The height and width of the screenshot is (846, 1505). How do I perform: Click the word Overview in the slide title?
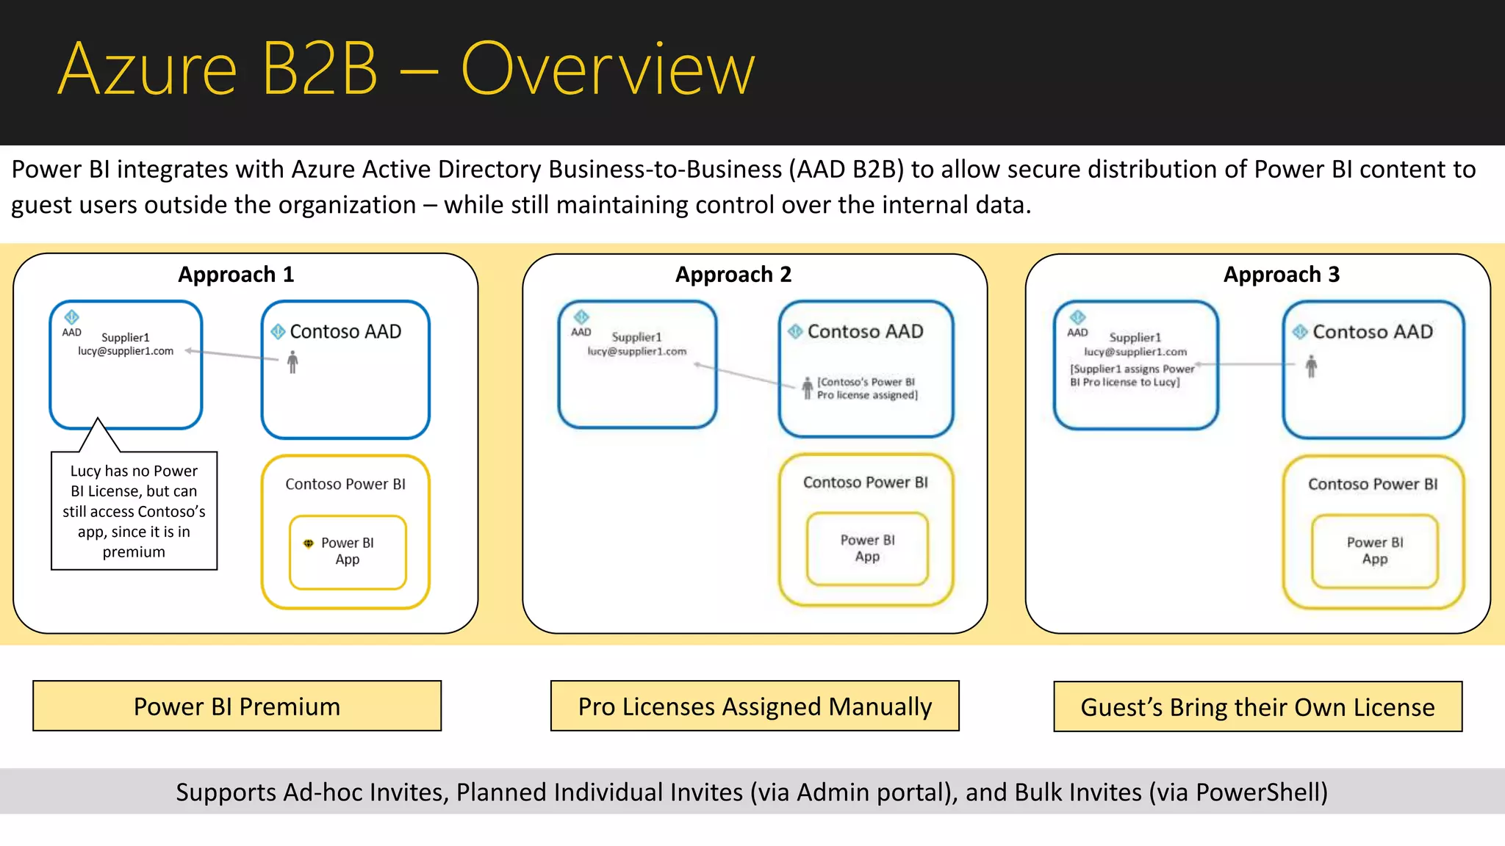(607, 70)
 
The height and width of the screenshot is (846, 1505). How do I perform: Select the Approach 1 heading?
(236, 275)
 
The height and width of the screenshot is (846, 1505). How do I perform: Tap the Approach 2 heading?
(733, 275)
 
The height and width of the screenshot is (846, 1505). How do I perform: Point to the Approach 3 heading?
(1281, 275)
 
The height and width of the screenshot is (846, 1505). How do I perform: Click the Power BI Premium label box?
(237, 706)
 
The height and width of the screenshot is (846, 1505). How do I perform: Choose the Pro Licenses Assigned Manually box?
(755, 706)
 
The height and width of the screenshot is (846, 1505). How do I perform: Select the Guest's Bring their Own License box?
(1257, 706)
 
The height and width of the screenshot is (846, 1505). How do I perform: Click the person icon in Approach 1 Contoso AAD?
(292, 362)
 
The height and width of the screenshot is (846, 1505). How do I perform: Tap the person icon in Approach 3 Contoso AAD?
(1311, 366)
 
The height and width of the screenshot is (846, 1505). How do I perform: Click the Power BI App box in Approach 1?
(348, 552)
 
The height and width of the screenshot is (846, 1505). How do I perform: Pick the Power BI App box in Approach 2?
(867, 549)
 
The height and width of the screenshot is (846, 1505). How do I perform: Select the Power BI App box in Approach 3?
(1374, 551)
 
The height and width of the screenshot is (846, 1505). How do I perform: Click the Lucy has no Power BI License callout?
(134, 510)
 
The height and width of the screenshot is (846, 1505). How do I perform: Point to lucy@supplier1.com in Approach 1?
(126, 351)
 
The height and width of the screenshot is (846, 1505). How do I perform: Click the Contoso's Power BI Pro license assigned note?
(866, 388)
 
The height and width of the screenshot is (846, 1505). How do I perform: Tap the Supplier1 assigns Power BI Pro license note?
(1132, 375)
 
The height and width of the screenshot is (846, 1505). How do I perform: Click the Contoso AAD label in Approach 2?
(865, 332)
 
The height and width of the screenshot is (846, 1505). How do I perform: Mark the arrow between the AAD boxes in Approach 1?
(231, 355)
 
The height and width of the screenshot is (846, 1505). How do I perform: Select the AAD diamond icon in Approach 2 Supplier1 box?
(581, 317)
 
